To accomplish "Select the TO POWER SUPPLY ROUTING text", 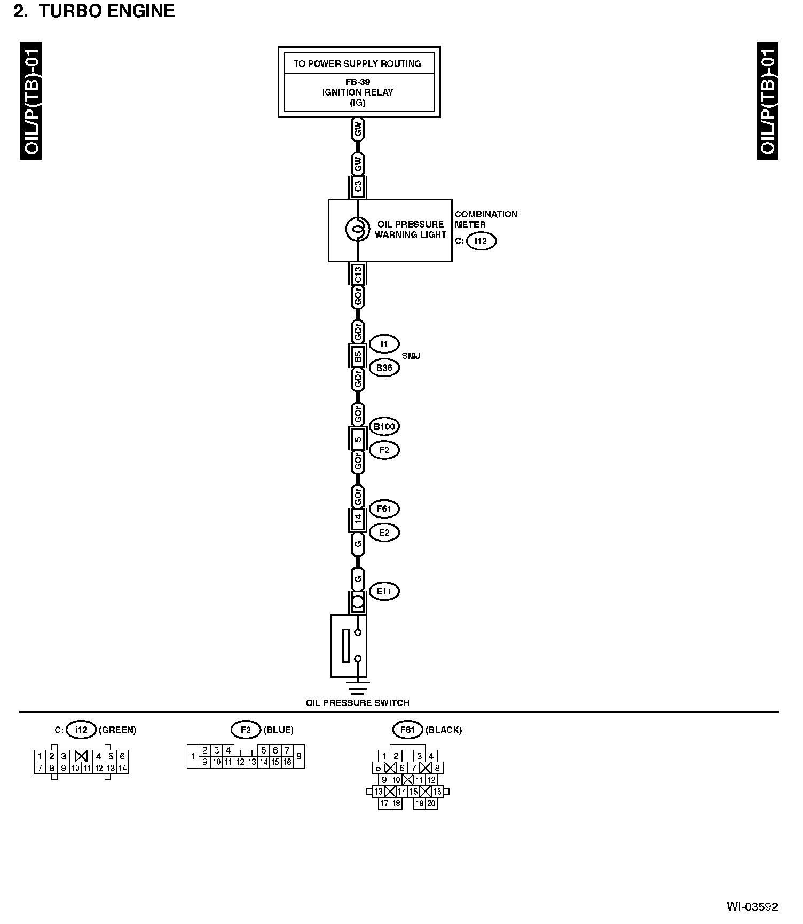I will tap(357, 64).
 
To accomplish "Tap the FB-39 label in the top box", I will tap(357, 82).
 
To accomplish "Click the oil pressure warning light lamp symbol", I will tap(357, 230).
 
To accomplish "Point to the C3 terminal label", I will tap(358, 186).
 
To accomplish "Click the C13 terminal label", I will tap(358, 274).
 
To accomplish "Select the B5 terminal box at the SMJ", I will tap(358, 356).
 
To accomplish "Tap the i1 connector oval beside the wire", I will tap(384, 344).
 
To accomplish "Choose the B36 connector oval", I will tap(384, 367).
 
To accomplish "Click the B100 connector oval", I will tap(384, 426).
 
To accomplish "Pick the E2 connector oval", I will tap(384, 533).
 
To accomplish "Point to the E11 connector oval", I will tap(384, 591).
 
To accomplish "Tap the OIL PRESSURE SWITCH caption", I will tap(357, 703).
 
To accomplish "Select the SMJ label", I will tap(411, 356).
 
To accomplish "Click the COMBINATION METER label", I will tap(486, 220).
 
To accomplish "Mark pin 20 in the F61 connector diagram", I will tap(431, 803).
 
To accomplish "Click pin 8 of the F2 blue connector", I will tap(299, 756).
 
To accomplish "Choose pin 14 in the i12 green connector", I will tap(122, 768).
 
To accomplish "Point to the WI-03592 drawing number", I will tap(752, 907).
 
